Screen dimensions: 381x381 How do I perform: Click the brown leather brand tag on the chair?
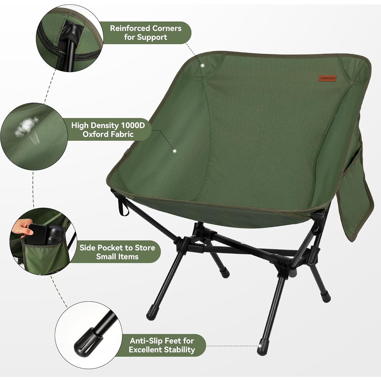[328, 78]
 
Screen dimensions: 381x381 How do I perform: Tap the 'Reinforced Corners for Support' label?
[145, 33]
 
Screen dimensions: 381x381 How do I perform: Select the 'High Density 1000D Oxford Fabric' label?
[108, 130]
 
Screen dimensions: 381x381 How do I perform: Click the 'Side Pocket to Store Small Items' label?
[117, 252]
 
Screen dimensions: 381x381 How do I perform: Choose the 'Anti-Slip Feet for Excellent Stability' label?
[162, 345]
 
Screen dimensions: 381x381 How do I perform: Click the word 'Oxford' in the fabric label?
[96, 134]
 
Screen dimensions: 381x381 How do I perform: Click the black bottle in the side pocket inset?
[54, 234]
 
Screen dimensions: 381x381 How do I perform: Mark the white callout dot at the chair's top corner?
[202, 66]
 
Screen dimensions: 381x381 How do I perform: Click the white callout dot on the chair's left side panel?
[174, 151]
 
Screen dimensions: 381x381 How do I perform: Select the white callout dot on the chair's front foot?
[260, 346]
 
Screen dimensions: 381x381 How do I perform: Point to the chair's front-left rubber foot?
[151, 312]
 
